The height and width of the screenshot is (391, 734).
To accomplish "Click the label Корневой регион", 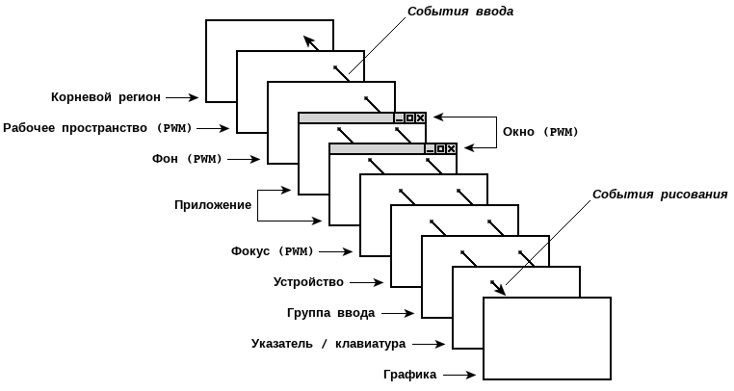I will click(107, 97).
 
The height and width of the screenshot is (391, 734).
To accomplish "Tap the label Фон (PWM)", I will click(186, 159).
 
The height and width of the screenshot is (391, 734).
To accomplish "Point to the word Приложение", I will click(213, 205).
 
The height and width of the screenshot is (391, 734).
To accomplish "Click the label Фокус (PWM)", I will click(273, 251).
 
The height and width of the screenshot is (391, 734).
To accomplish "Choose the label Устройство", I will click(308, 282).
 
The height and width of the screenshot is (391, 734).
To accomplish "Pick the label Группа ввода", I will click(330, 313).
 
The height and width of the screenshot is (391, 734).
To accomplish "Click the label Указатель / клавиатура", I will click(328, 344).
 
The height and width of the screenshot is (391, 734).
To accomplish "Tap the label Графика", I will click(409, 375).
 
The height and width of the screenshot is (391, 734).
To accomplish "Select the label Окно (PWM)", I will click(540, 132).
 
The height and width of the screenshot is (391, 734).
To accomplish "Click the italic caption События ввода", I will click(460, 12).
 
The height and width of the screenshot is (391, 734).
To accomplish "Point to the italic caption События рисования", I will click(660, 195).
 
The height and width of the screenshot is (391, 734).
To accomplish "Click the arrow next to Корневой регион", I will click(183, 97).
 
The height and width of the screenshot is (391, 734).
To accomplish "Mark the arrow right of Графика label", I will click(460, 375).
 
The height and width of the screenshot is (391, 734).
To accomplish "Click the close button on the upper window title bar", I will click(421, 117).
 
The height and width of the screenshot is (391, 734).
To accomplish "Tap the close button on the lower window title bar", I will click(452, 148).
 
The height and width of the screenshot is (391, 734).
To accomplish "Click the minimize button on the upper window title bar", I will click(400, 117).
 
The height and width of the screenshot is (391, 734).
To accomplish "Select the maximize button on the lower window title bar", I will click(441, 148).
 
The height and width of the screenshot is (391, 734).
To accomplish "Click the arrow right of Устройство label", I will click(368, 282).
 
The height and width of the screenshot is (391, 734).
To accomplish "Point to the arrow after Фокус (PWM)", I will click(337, 251).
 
